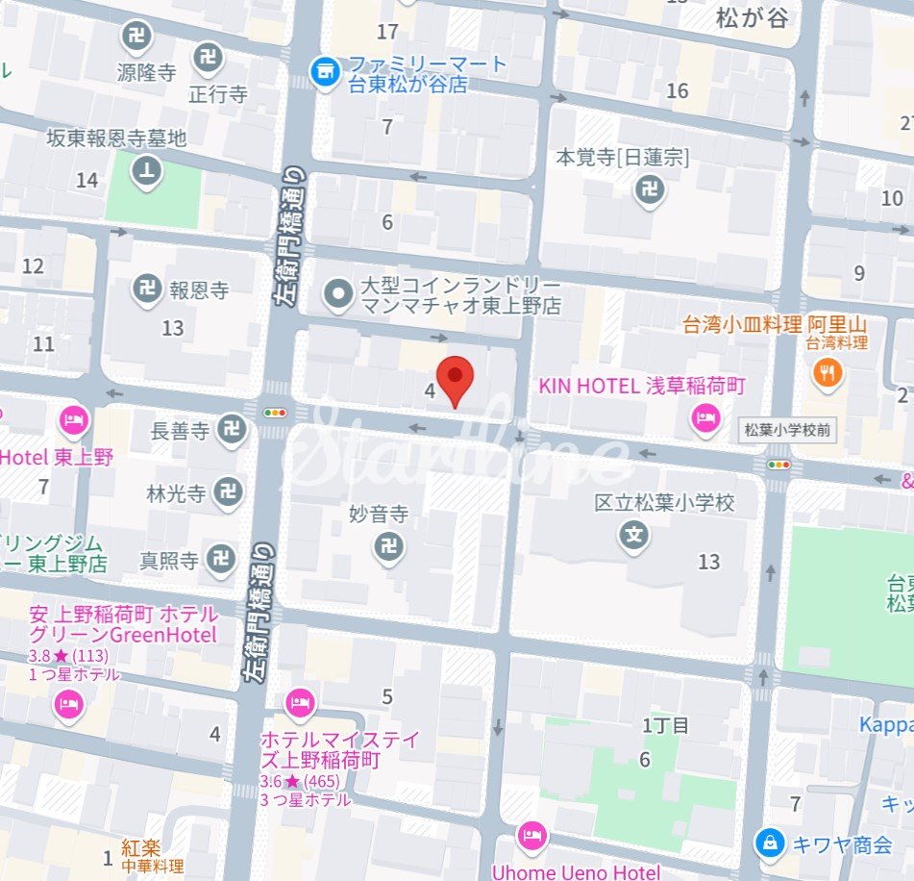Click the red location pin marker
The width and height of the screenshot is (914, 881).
click(456, 377)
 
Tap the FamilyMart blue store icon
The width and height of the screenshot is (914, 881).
click(326, 71)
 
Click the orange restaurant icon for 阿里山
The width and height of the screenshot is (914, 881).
click(827, 373)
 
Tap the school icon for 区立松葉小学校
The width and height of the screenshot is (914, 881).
click(634, 536)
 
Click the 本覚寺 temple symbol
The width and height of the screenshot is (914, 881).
click(651, 190)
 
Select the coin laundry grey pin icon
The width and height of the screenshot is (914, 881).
click(337, 295)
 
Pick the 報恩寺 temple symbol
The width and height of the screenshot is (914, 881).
click(147, 289)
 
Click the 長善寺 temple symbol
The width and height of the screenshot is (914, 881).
click(232, 430)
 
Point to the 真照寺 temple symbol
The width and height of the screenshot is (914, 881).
click(222, 557)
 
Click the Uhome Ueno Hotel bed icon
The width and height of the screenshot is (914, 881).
click(531, 836)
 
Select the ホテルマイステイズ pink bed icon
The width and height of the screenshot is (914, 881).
click(300, 703)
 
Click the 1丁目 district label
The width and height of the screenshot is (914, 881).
click(666, 726)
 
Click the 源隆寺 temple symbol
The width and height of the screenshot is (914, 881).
click(136, 38)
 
